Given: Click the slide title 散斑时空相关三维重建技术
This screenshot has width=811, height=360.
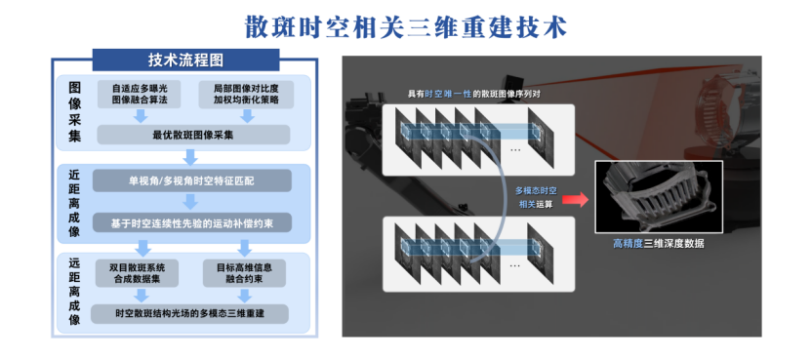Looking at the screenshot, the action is [x=406, y=27].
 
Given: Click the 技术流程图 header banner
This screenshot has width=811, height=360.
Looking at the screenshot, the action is [x=185, y=60].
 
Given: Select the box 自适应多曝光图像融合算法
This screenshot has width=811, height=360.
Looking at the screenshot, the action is [x=140, y=94].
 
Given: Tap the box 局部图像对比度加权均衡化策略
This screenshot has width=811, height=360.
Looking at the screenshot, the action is [x=246, y=94].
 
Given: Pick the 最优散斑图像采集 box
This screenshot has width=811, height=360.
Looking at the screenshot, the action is [x=193, y=135].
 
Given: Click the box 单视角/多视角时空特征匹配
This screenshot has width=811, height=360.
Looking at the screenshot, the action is [x=192, y=181].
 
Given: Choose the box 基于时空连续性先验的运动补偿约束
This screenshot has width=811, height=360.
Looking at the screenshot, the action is [x=192, y=223].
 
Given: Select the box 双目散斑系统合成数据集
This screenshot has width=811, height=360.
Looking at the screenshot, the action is [x=137, y=273].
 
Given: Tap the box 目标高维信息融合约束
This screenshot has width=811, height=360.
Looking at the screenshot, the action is [x=244, y=273].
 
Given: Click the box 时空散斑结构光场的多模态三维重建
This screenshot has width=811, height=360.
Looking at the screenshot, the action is [x=190, y=313].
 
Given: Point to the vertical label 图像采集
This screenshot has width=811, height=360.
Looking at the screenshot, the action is [x=74, y=112].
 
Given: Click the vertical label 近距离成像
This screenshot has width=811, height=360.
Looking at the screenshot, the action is [x=74, y=203].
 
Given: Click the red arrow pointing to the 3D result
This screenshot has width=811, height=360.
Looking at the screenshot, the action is [x=576, y=199].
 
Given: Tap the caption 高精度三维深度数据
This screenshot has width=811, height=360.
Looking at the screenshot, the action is [x=659, y=244].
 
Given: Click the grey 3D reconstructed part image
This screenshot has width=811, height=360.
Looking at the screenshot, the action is [x=659, y=196].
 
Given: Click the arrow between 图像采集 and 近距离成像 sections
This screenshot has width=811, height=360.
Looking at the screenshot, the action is [x=191, y=157].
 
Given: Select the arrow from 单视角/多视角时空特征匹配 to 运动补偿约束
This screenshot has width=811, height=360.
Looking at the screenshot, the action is [x=191, y=202].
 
